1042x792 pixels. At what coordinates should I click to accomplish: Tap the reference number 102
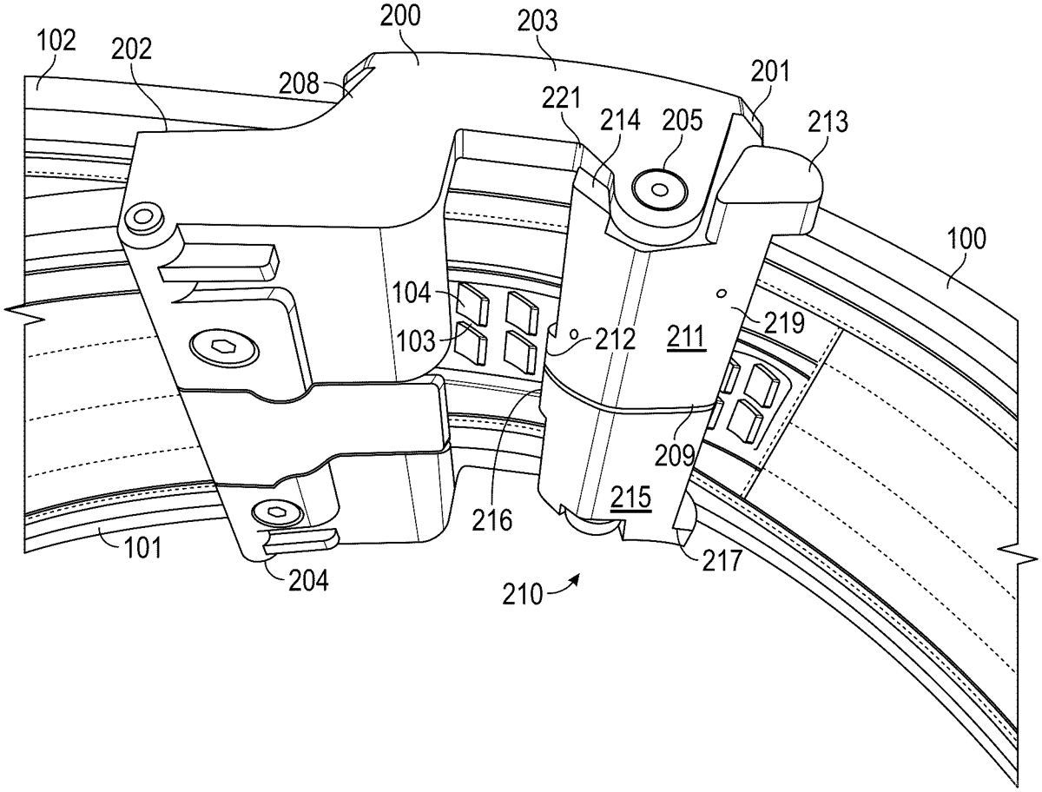tap(57, 40)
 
